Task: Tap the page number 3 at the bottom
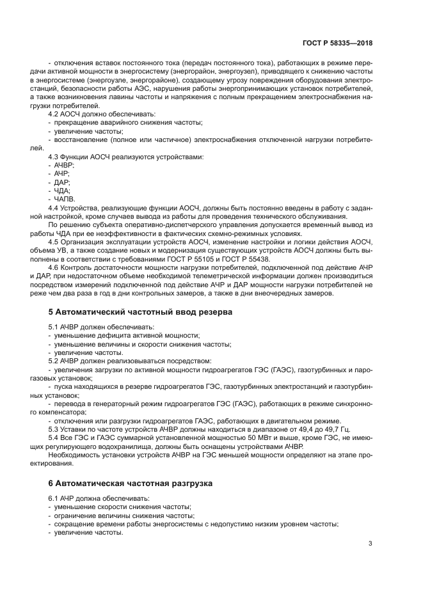coord(370,544)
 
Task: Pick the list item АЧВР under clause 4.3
coord(65,165)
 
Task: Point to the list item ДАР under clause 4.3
coord(62,182)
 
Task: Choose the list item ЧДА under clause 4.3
coord(62,191)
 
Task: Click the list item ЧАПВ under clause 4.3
coord(65,199)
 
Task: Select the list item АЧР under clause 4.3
coord(61,174)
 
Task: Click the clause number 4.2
coord(54,113)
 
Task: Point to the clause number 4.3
coord(54,157)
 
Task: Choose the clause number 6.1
coord(54,498)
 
